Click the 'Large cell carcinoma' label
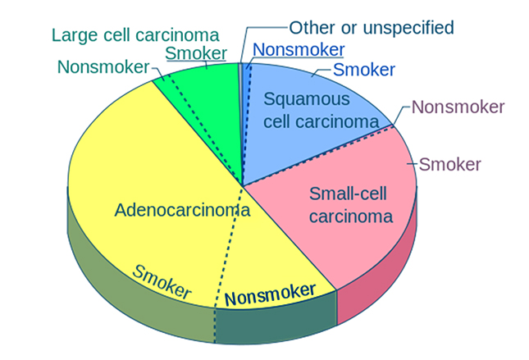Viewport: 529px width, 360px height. coord(135,35)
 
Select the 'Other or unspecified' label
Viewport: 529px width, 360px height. coord(372,27)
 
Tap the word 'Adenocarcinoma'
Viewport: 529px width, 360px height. coord(182,210)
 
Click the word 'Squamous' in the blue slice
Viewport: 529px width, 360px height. coord(306,100)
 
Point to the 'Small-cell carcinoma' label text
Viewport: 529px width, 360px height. coord(351,205)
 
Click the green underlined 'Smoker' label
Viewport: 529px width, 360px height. coord(196,53)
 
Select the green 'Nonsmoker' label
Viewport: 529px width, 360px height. coord(103,66)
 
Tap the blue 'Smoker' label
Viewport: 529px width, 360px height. coord(364,70)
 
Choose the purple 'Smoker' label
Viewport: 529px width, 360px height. coord(449,164)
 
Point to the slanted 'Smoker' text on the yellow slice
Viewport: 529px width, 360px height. coord(162,281)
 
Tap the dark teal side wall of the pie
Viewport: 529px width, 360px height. coord(275,324)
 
